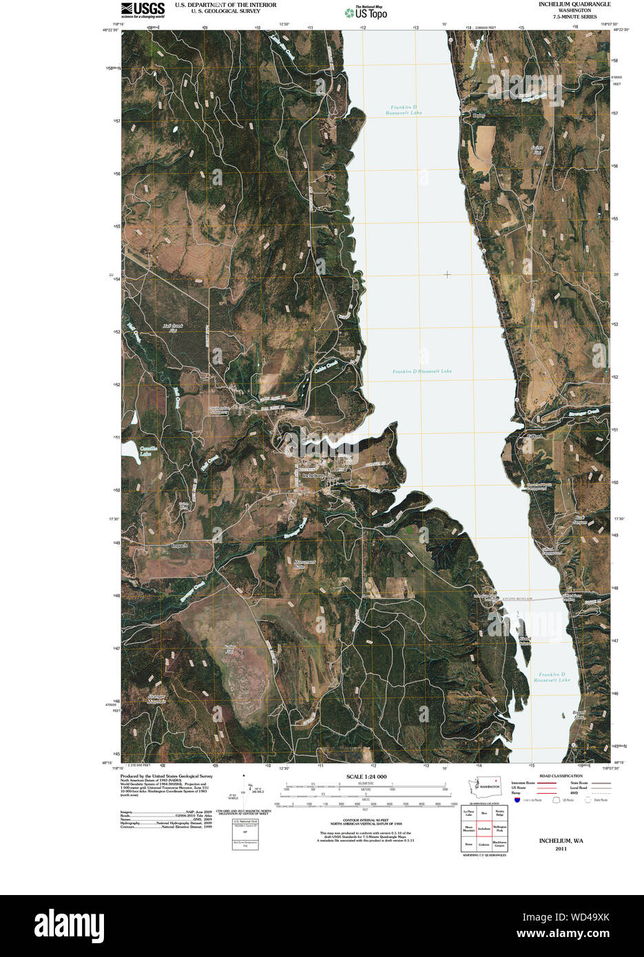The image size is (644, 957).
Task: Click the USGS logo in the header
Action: click(x=143, y=9)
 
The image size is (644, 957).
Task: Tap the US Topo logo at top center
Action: click(x=366, y=12)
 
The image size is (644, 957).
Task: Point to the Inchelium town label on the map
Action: click(x=313, y=476)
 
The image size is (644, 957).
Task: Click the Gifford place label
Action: click(x=534, y=436)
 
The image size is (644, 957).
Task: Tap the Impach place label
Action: click(x=178, y=545)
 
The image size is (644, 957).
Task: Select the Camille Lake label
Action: click(x=148, y=451)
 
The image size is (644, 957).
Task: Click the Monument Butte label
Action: click(x=304, y=564)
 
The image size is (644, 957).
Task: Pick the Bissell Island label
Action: click(x=525, y=641)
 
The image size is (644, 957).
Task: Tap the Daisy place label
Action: click(x=479, y=116)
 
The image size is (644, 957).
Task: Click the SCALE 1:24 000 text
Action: click(x=366, y=777)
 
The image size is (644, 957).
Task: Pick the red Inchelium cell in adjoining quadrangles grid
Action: click(x=484, y=828)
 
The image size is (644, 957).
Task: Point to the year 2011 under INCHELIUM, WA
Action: click(x=561, y=849)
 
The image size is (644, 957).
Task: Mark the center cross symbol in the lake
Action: click(x=447, y=275)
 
